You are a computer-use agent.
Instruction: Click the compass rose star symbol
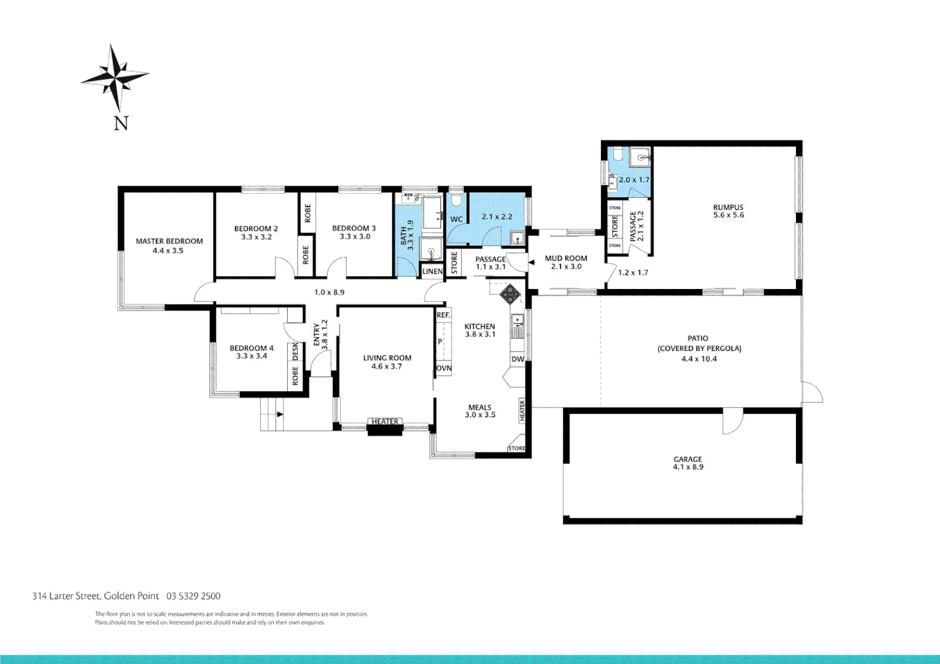click(x=115, y=77)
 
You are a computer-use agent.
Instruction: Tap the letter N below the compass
click(x=121, y=123)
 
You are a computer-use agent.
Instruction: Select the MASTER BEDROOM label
click(x=169, y=242)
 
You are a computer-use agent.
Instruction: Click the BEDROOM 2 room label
click(x=256, y=229)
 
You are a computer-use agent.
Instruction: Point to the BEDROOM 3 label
click(x=354, y=228)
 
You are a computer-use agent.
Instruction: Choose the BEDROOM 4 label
click(x=252, y=348)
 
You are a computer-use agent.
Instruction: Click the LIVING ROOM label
click(x=387, y=358)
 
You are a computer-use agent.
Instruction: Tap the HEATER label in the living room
click(x=384, y=422)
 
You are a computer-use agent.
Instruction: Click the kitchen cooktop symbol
click(x=509, y=294)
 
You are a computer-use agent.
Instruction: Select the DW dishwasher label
click(x=517, y=359)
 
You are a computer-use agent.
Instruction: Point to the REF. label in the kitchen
click(x=443, y=315)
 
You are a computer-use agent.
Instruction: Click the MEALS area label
click(x=480, y=407)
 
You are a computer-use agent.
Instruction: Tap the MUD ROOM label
click(x=566, y=258)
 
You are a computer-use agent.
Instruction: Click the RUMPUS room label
click(x=728, y=207)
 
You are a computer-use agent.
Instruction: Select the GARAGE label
click(x=688, y=459)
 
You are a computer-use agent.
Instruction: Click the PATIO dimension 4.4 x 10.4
click(x=699, y=359)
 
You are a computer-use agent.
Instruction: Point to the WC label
click(x=456, y=219)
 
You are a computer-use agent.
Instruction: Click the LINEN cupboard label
click(x=432, y=271)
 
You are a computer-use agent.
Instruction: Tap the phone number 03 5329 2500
click(x=193, y=596)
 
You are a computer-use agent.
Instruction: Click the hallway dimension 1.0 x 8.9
click(x=329, y=292)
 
